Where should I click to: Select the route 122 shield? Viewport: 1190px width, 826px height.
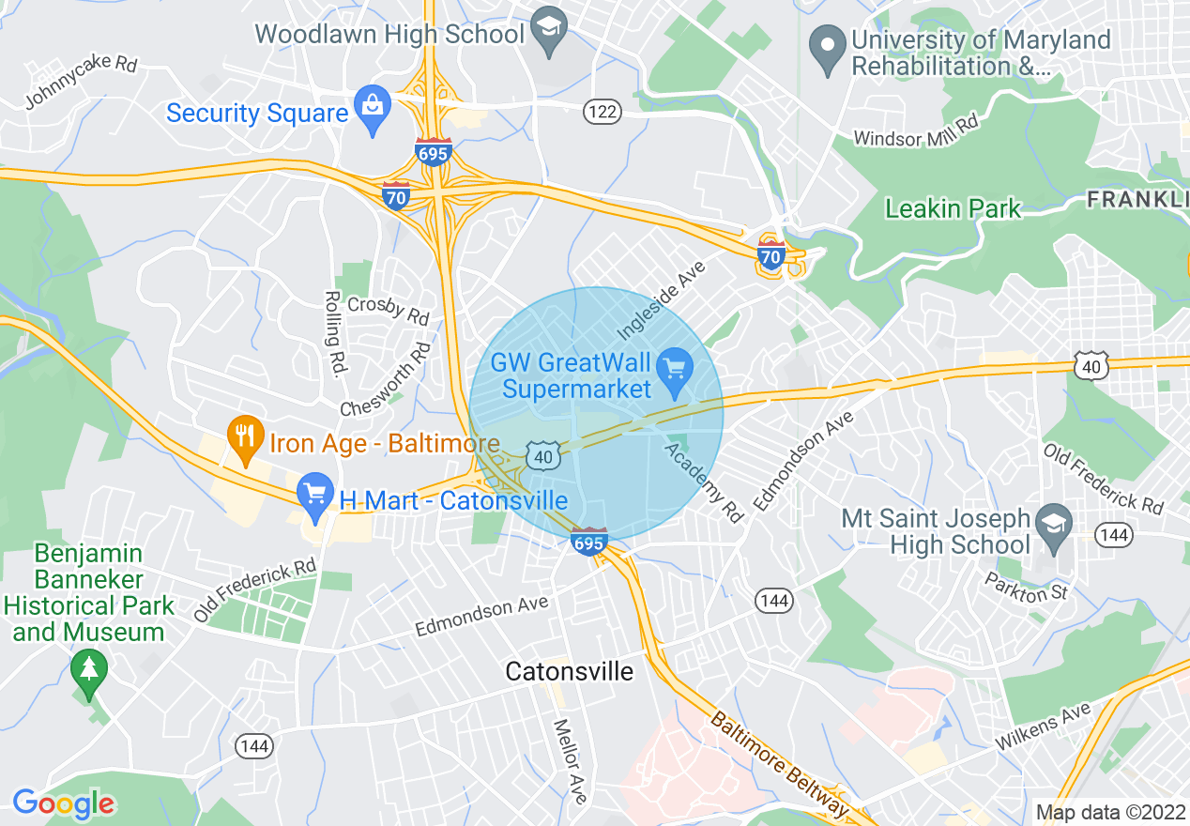[x=602, y=113]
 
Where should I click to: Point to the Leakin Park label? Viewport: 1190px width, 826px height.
[x=952, y=208]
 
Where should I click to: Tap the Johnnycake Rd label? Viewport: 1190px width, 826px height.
[x=81, y=81]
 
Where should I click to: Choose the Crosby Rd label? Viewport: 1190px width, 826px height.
[x=388, y=310]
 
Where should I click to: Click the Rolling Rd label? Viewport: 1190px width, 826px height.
[x=335, y=333]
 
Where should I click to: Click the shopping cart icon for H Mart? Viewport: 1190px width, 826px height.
[x=313, y=496]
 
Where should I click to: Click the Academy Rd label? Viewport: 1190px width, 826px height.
[x=704, y=482]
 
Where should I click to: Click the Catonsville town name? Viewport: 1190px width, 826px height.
[x=569, y=671]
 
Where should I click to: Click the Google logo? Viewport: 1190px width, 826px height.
[x=63, y=803]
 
